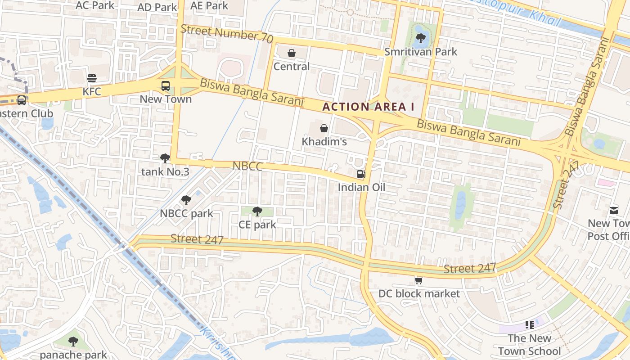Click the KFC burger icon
tap(92, 78)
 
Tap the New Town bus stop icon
tap(166, 85)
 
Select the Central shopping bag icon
tap(292, 54)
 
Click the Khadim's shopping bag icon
tap(324, 128)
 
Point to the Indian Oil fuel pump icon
tap(361, 174)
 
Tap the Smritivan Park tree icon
tap(421, 38)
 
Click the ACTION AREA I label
tap(368, 107)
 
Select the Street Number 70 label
tap(227, 34)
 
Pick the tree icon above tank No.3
tap(165, 158)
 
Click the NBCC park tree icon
tap(186, 200)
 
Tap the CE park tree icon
tap(257, 211)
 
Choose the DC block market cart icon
tap(419, 280)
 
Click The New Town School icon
tap(530, 324)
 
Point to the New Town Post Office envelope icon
tap(614, 210)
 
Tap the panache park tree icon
tap(73, 342)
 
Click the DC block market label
tap(419, 294)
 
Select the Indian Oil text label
tap(361, 187)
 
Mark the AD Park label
tap(157, 7)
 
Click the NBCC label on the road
tap(247, 166)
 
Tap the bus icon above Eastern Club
tap(22, 100)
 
